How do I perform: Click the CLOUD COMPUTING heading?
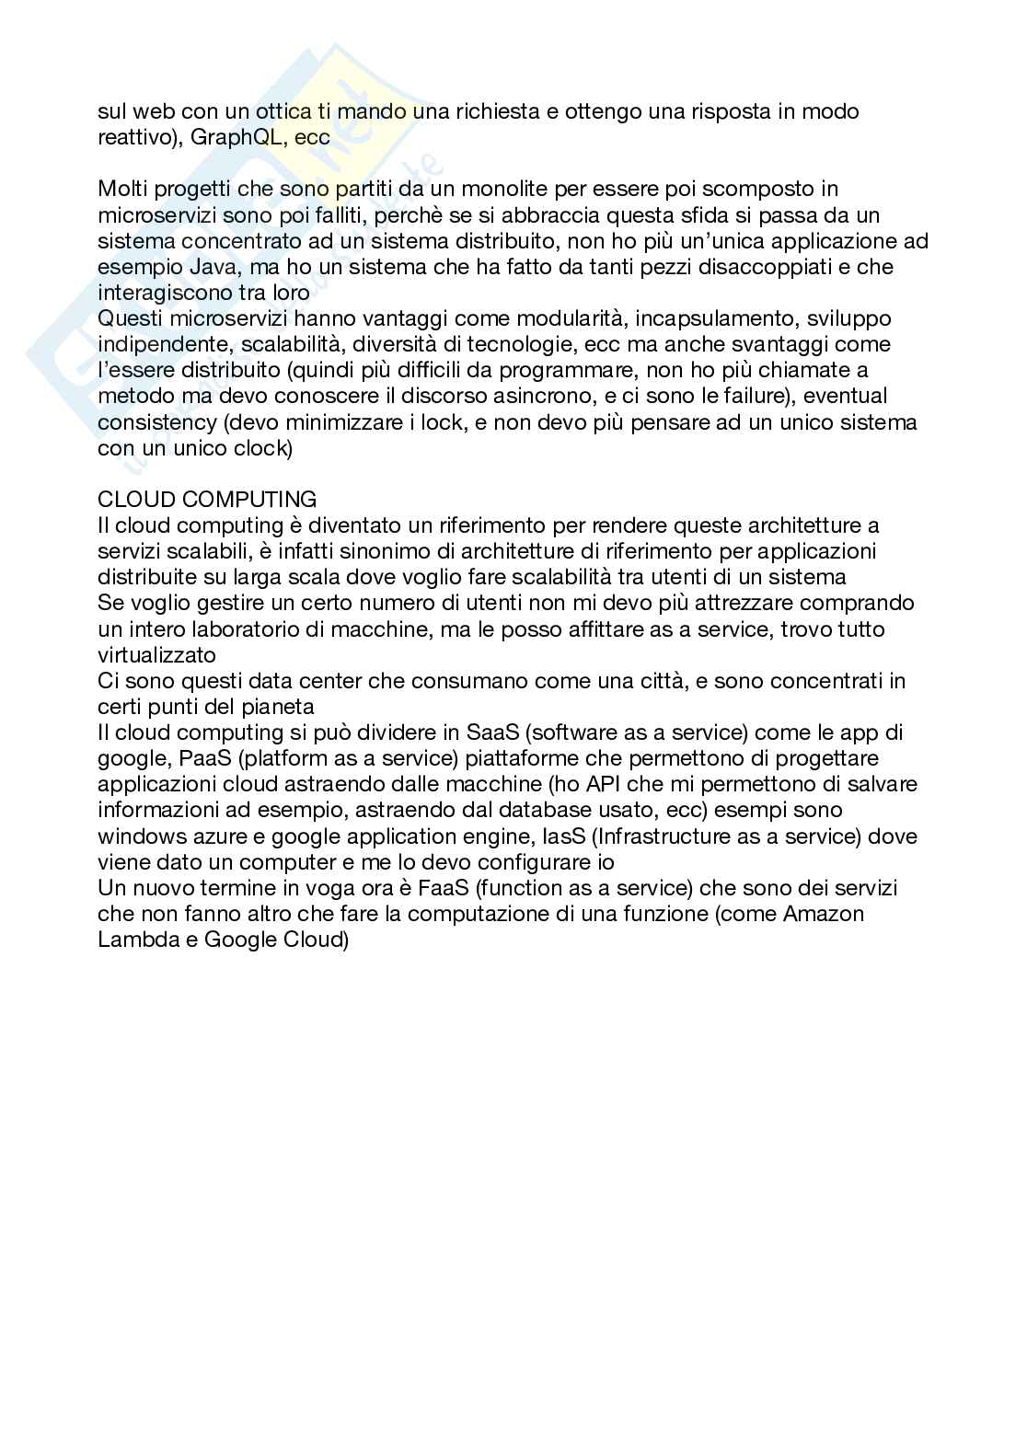pos(207,500)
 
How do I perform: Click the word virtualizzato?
pos(156,655)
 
